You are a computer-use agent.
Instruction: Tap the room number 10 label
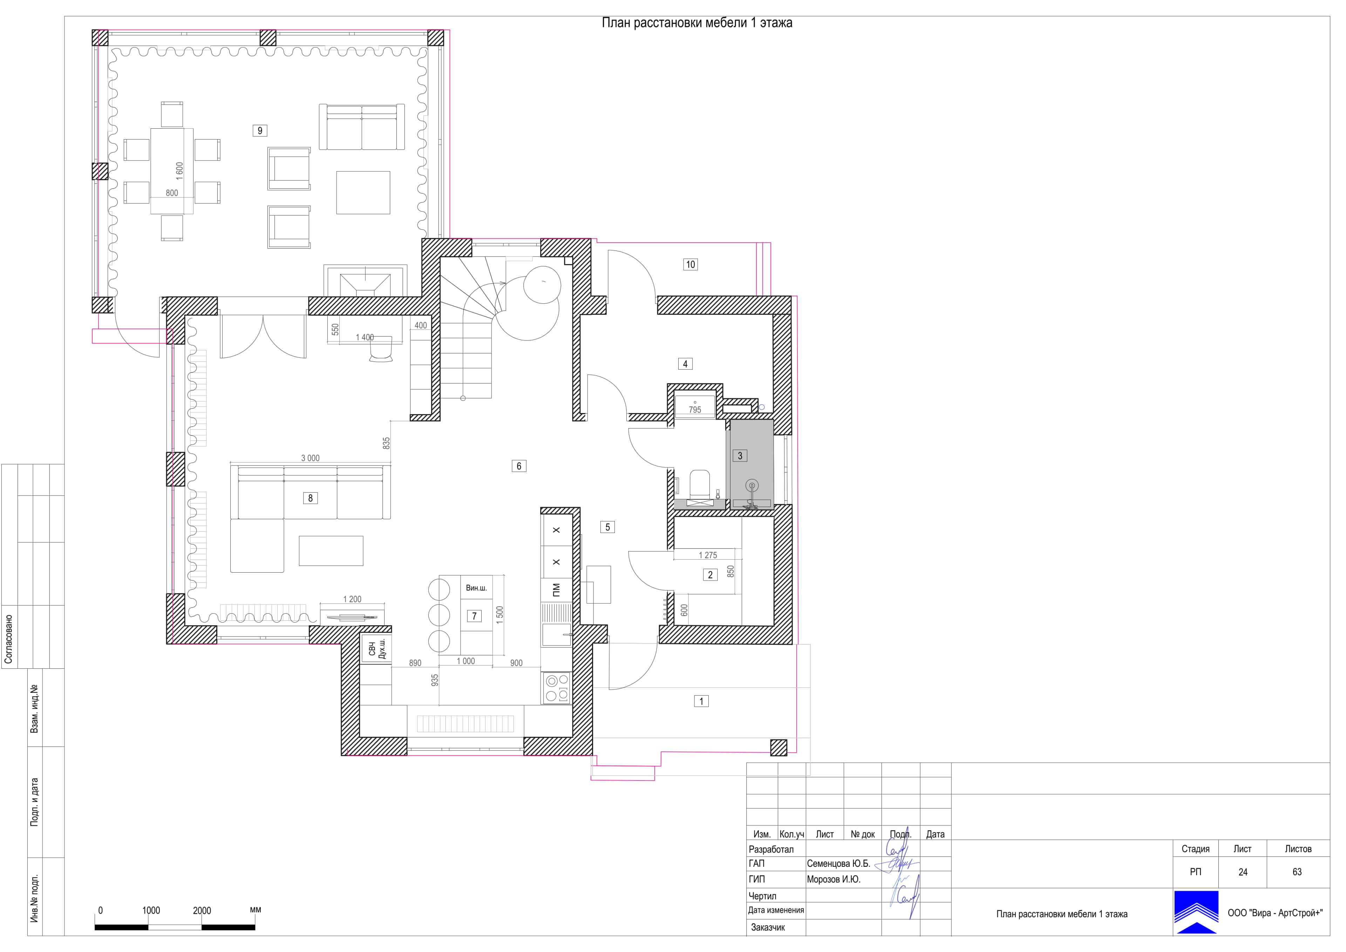coord(691,264)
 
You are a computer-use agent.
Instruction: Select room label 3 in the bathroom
coord(740,456)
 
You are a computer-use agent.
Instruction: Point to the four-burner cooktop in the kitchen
coord(556,688)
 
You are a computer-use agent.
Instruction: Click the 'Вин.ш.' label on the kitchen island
coord(476,588)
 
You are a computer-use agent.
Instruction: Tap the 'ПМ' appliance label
coord(556,589)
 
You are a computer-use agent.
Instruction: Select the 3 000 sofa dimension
coord(310,458)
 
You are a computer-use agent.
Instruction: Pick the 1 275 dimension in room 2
coord(708,555)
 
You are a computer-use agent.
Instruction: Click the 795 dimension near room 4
coord(695,410)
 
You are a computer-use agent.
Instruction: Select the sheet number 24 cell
coord(1243,872)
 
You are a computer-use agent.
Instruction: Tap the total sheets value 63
coord(1297,872)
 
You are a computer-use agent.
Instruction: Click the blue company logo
coord(1196,912)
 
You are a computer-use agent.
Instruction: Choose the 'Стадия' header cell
coord(1195,849)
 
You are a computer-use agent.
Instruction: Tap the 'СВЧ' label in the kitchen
coord(372,649)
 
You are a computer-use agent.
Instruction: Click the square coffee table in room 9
coord(363,193)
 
